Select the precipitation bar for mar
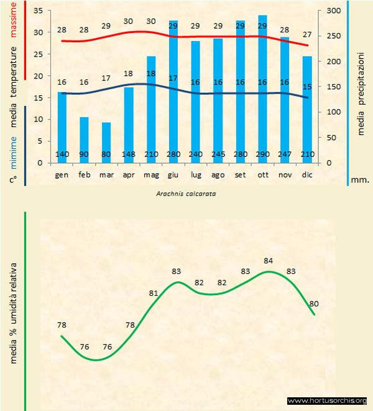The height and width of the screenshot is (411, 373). point(106,143)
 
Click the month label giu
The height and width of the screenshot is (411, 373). point(173,175)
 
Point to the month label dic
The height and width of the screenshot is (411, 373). point(307,175)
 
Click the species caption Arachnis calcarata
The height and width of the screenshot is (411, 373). point(186,194)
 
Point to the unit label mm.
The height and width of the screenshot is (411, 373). point(359,179)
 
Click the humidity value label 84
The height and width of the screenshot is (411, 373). point(269,260)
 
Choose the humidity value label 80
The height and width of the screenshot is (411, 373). point(314,303)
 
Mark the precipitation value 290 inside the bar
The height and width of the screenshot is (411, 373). point(262,154)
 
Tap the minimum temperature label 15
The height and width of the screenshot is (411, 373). point(307,87)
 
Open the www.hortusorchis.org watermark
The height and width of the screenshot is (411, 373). point(327,400)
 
